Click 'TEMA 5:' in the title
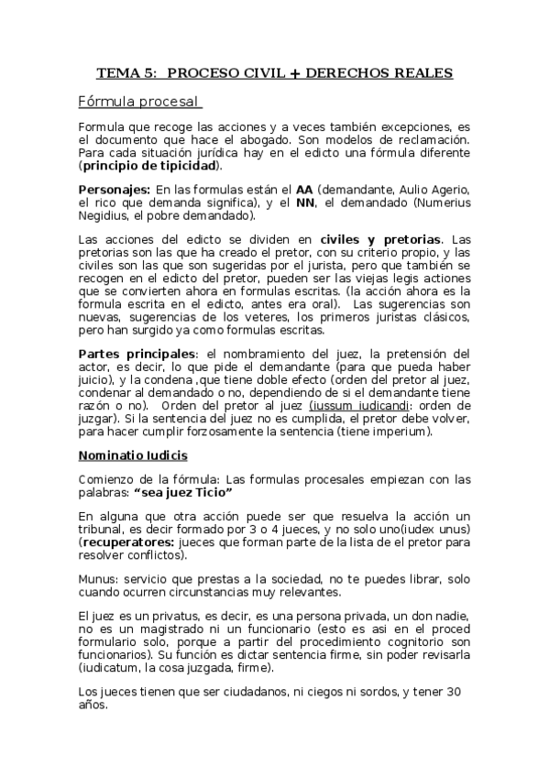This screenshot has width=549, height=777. tap(126, 72)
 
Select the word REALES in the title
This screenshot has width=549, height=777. tap(421, 72)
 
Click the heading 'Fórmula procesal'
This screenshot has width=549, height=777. tap(137, 100)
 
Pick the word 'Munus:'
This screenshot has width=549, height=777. tap(98, 577)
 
